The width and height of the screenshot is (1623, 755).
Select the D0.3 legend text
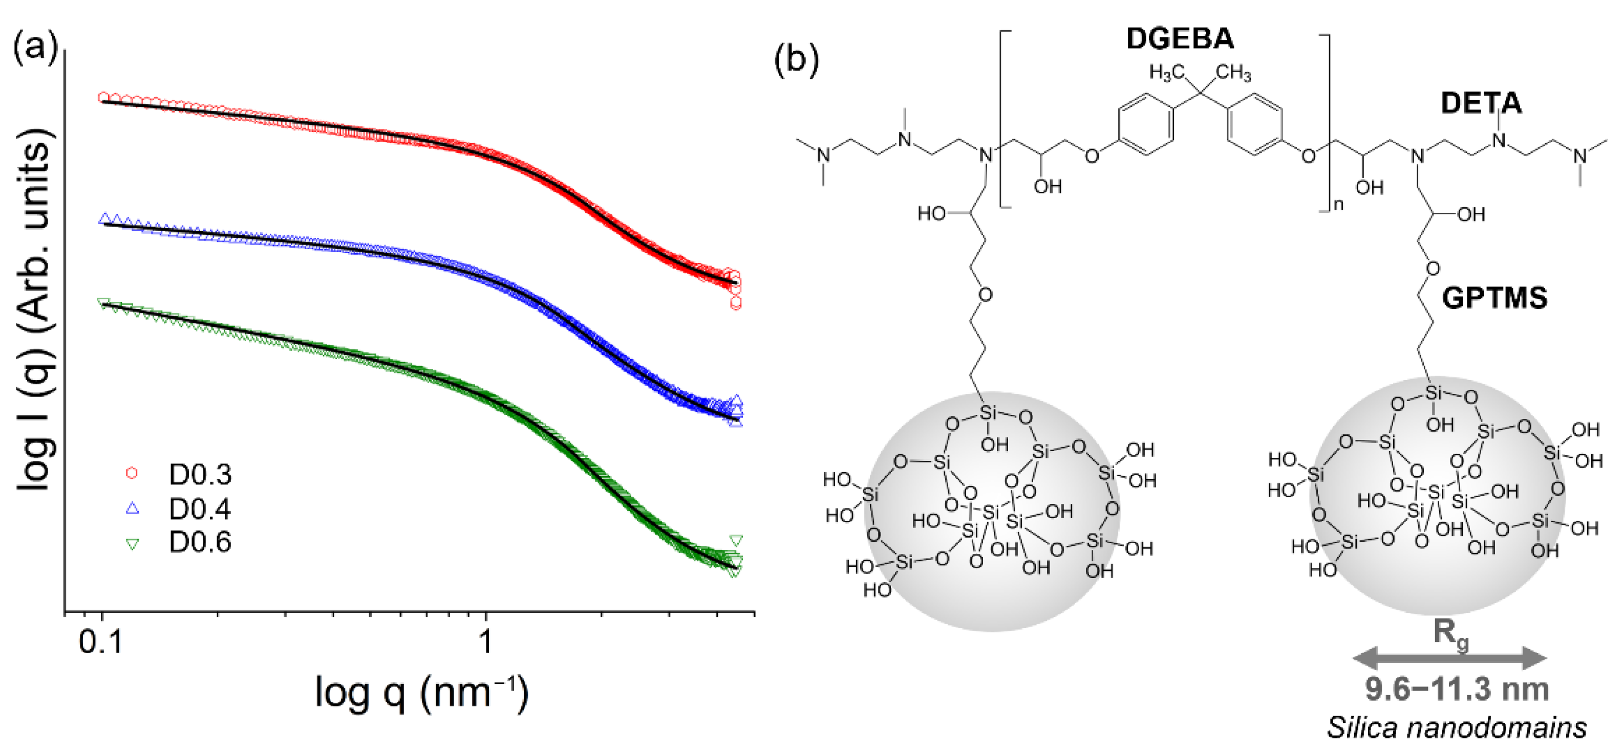coord(200,475)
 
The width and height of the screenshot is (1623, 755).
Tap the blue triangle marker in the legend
coord(132,508)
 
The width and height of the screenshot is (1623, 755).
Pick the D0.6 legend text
coord(200,542)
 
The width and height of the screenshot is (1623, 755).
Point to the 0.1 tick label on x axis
coord(101,642)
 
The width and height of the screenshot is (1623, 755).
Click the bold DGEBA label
coord(1180,39)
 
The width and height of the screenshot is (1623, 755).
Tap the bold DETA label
coord(1481,103)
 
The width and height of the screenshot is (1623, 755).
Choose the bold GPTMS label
coord(1494,298)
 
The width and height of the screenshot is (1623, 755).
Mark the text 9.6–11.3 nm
coord(1456,690)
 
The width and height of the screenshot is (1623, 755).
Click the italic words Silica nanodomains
coord(1456,728)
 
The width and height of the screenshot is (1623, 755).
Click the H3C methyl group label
coord(1166,73)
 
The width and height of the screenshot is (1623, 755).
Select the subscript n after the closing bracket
coord(1338,205)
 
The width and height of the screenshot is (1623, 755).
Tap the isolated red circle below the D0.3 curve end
coord(735,303)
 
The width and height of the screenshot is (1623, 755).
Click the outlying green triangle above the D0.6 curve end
coord(735,541)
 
